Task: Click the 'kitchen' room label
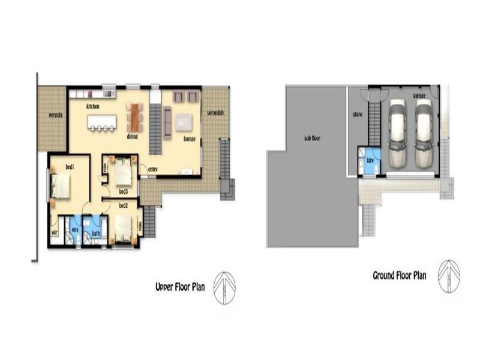pyautogui.click(x=92, y=106)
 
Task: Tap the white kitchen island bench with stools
pyautogui.click(x=101, y=122)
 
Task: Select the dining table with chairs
pyautogui.click(x=134, y=117)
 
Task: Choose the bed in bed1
pyautogui.click(x=61, y=185)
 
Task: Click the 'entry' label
pyautogui.click(x=152, y=169)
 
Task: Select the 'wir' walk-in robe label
pyautogui.click(x=54, y=232)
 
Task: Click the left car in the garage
pyautogui.click(x=398, y=133)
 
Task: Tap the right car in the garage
pyautogui.click(x=424, y=133)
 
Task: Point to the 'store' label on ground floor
pyautogui.click(x=357, y=114)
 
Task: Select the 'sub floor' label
pyautogui.click(x=312, y=138)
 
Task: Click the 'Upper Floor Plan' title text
pyautogui.click(x=180, y=287)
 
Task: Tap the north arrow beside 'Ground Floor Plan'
pyautogui.click(x=449, y=276)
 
